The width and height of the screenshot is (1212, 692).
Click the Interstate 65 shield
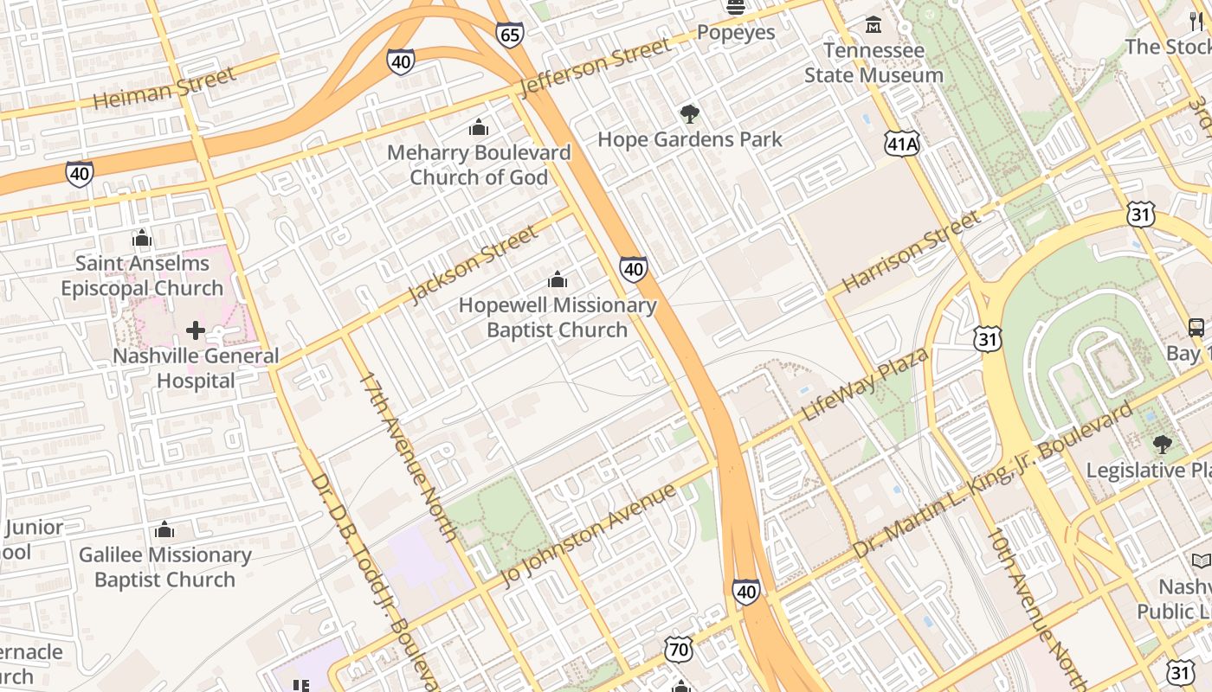point(510,34)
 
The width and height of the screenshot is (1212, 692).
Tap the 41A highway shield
point(901,144)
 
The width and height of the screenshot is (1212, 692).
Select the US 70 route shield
point(679,650)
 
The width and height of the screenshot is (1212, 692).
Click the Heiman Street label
point(164,89)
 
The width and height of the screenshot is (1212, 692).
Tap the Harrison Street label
point(912,251)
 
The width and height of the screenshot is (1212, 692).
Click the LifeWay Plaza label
point(865,385)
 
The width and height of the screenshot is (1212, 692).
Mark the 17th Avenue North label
point(408,457)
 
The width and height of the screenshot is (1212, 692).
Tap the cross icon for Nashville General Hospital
point(196,330)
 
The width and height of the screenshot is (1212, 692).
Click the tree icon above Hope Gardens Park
point(689,113)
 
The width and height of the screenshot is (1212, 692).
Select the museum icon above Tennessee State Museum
point(873,24)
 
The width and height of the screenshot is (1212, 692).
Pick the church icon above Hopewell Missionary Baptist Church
point(558,279)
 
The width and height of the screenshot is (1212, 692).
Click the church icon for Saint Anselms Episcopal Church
point(142,238)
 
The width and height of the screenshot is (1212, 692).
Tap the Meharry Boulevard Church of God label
point(479,164)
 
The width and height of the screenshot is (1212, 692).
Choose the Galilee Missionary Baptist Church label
point(164,567)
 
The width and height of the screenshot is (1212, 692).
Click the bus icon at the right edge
point(1196,327)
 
